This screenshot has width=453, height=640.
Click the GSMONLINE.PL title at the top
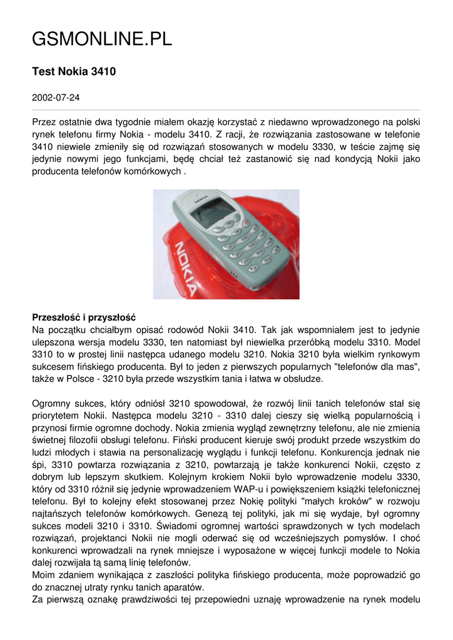tap(101, 40)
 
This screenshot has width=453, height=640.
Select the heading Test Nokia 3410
tap(74, 72)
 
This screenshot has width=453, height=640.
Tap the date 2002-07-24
tap(55, 98)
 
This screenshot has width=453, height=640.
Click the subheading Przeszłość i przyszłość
tap(84, 317)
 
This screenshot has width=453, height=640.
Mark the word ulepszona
tap(52, 342)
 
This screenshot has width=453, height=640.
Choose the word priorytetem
tap(58, 416)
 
